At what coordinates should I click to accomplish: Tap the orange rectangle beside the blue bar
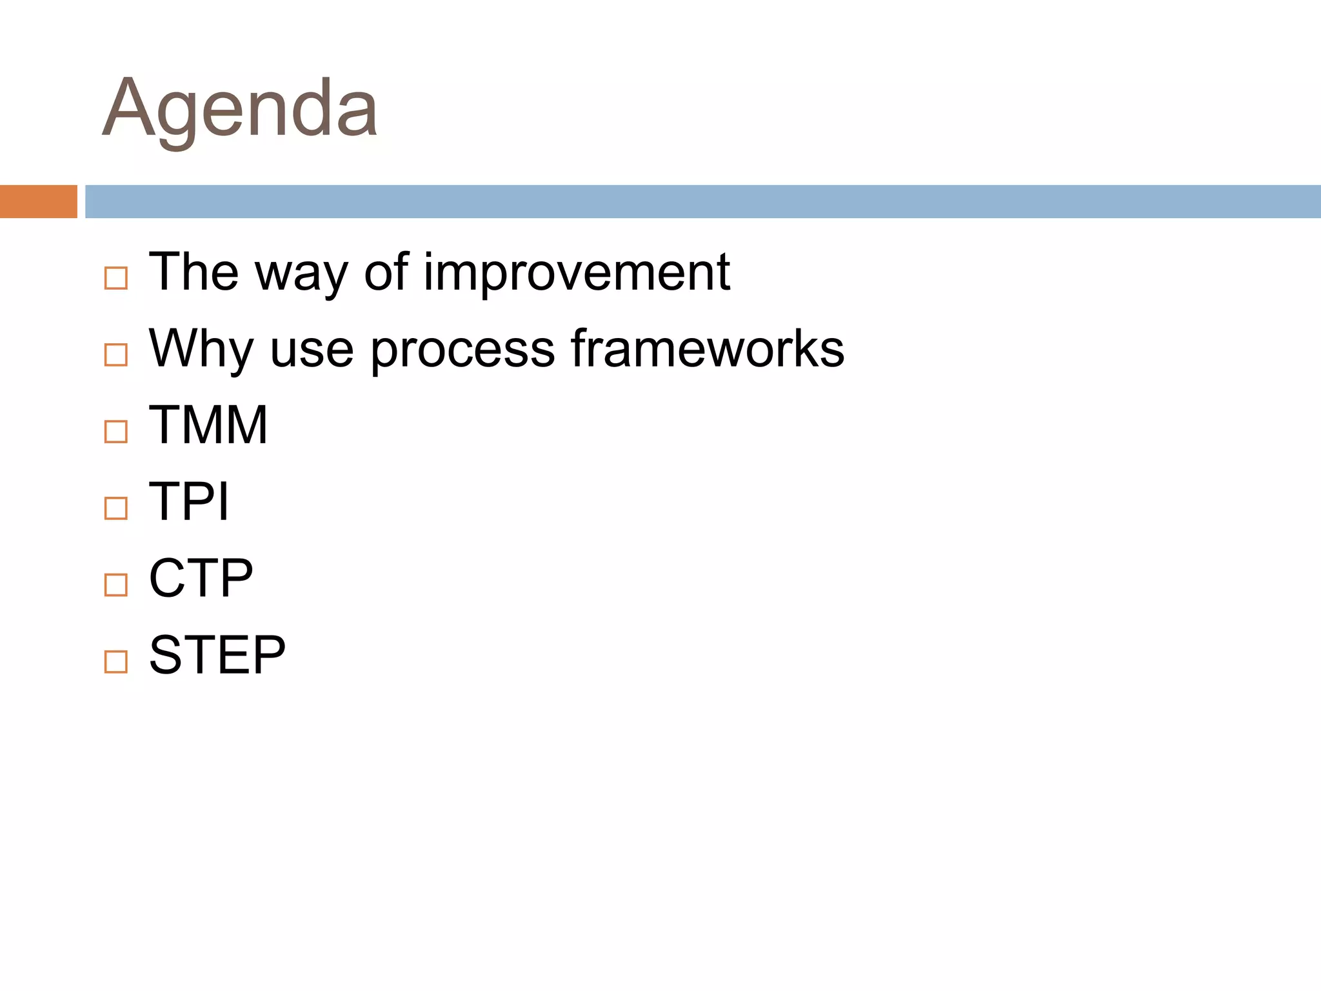pyautogui.click(x=38, y=201)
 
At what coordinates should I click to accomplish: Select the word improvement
pyautogui.click(x=576, y=272)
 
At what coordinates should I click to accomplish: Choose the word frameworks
pyautogui.click(x=708, y=348)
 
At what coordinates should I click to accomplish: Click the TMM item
pyautogui.click(x=208, y=425)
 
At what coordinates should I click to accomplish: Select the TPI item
pyautogui.click(x=189, y=501)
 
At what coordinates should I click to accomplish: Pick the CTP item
pyautogui.click(x=201, y=578)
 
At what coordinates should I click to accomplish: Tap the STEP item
pyautogui.click(x=217, y=655)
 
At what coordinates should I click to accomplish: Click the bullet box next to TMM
pyautogui.click(x=116, y=432)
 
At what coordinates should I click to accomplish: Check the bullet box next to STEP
pyautogui.click(x=116, y=662)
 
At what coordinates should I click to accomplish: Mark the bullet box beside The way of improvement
pyautogui.click(x=116, y=279)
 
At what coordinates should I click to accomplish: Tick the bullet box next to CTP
pyautogui.click(x=116, y=585)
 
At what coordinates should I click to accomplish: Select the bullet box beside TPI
pyautogui.click(x=116, y=508)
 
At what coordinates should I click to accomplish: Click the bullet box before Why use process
pyautogui.click(x=116, y=355)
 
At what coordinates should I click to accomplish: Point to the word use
pyautogui.click(x=312, y=351)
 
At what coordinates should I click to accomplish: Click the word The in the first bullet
pyautogui.click(x=194, y=272)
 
